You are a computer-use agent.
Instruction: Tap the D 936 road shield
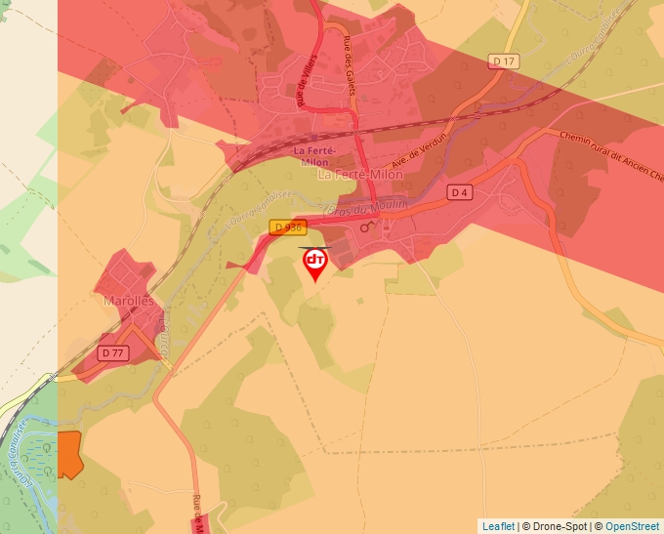289,227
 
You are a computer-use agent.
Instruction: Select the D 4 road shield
460,192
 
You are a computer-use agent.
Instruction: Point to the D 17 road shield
504,62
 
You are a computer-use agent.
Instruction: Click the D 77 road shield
113,352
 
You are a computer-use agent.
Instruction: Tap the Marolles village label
129,302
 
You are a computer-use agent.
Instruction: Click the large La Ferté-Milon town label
360,174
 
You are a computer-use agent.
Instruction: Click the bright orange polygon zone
68,454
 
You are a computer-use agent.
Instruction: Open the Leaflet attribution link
498,526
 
